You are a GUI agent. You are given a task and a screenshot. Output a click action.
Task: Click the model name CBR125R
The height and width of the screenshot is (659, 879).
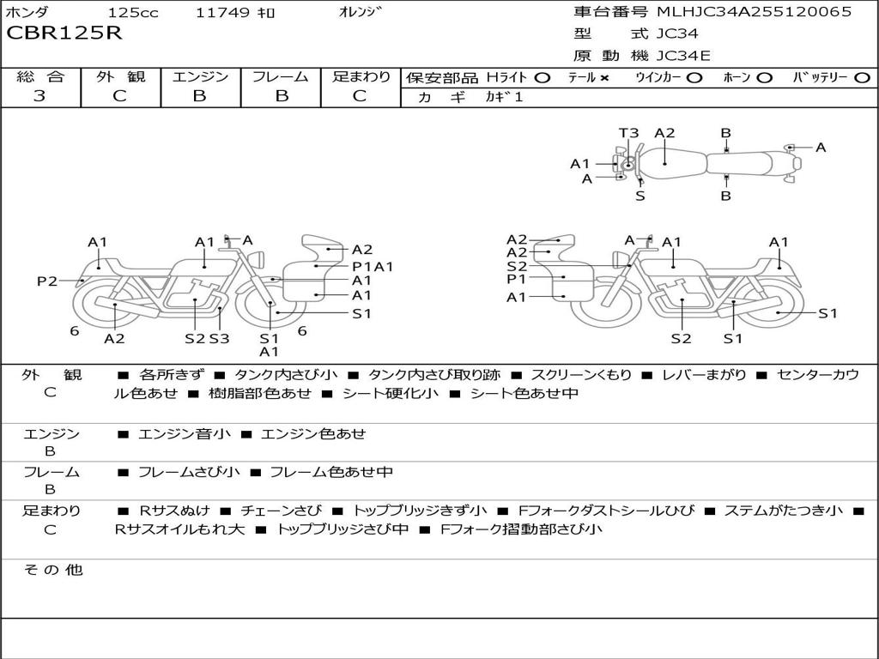coord(64,33)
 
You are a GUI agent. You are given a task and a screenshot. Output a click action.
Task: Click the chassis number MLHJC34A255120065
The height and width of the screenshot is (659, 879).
coord(754,12)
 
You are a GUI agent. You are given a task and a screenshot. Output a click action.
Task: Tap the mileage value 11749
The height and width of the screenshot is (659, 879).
coord(223,13)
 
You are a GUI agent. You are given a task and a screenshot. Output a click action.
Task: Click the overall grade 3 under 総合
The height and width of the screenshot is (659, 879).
coord(39,96)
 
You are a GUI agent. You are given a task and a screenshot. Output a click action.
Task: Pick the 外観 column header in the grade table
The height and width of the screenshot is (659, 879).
coord(120,77)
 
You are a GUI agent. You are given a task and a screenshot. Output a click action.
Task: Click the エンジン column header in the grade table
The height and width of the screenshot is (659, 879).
coord(200,77)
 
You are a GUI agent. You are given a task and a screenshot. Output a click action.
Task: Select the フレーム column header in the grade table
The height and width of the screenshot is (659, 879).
coord(281,77)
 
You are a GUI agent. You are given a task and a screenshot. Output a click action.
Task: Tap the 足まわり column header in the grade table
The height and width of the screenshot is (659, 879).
coord(361,77)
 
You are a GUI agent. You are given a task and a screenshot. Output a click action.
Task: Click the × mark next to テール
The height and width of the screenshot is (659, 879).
coord(604,78)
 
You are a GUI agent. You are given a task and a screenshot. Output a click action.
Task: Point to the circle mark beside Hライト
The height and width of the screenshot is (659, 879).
coord(542,78)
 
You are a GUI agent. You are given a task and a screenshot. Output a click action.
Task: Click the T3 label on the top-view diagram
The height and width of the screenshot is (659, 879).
coord(629,133)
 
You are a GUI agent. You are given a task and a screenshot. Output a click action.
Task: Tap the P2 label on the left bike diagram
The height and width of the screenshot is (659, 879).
coord(47,281)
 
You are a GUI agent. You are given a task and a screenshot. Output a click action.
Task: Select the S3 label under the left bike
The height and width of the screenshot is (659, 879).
coord(219,338)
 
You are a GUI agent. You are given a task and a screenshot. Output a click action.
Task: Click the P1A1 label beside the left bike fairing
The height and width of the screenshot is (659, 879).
coord(373,266)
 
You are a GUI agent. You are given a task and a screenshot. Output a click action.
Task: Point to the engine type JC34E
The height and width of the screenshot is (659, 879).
coord(683,57)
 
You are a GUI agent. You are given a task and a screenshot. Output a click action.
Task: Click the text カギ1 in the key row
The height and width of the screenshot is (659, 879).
coord(505,97)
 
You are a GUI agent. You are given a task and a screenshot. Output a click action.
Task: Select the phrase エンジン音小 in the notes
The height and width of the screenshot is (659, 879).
coord(185,434)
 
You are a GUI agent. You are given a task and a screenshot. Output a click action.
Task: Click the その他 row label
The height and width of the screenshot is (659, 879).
coord(52,570)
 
